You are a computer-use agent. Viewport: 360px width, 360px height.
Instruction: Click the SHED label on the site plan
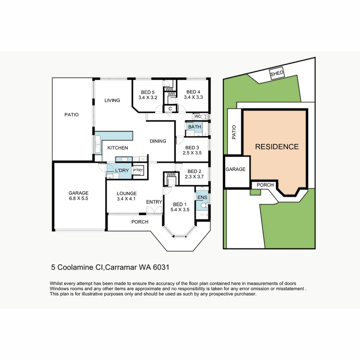[x=277, y=74]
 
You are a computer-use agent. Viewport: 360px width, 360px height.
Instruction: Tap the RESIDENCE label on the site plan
[x=277, y=147]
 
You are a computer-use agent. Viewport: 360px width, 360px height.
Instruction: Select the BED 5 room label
[x=148, y=92]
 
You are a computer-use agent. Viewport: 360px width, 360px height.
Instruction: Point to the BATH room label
[x=194, y=127]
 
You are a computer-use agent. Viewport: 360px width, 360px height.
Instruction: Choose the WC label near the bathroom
[x=197, y=117]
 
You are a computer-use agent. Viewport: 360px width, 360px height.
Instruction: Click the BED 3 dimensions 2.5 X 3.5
[x=192, y=153]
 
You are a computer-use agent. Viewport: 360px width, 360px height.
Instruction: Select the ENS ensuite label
[x=202, y=197]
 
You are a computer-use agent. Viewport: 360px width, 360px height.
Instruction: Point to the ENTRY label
[x=154, y=202]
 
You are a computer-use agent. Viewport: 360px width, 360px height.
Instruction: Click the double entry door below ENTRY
[x=154, y=210]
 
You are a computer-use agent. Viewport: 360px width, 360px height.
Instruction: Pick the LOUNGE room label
[x=127, y=193]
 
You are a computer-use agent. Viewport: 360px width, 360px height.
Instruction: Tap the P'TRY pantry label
[x=138, y=170]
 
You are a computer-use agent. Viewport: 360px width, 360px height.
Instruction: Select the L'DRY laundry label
[x=122, y=171]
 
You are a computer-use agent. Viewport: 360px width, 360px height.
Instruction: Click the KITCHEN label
[x=117, y=148]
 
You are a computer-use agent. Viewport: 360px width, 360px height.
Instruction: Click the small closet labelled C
[x=170, y=109]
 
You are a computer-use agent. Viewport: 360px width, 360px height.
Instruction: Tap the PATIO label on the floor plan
[x=71, y=115]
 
